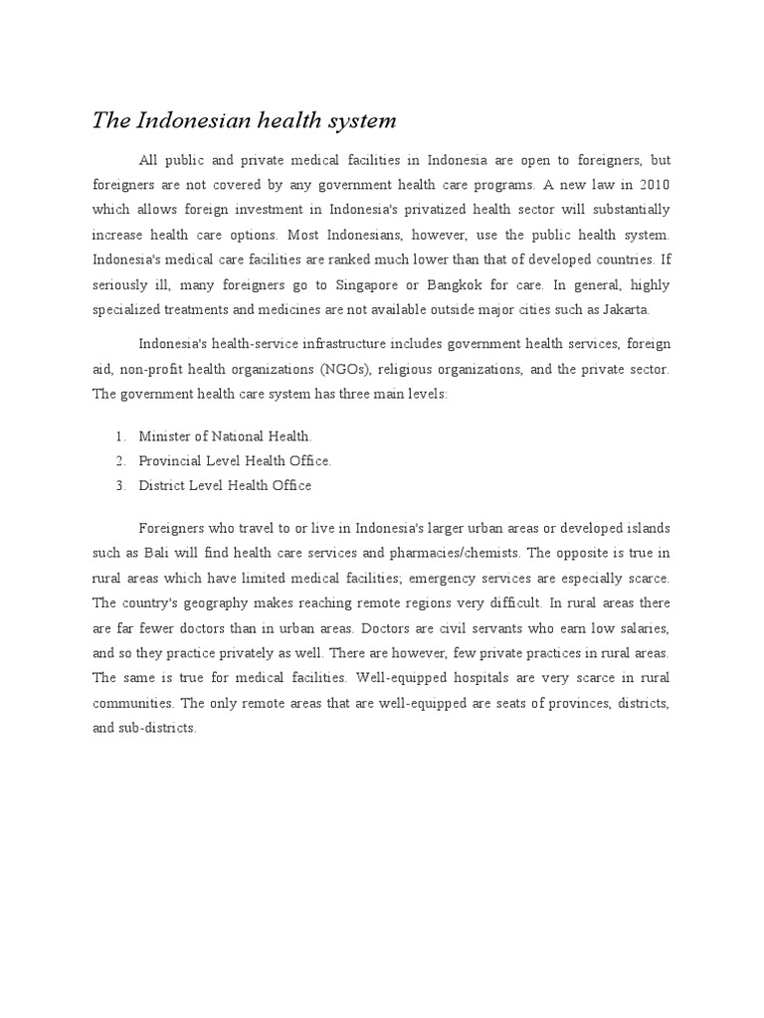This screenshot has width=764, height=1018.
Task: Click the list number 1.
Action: point(119,435)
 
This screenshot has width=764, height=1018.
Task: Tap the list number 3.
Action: point(119,485)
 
